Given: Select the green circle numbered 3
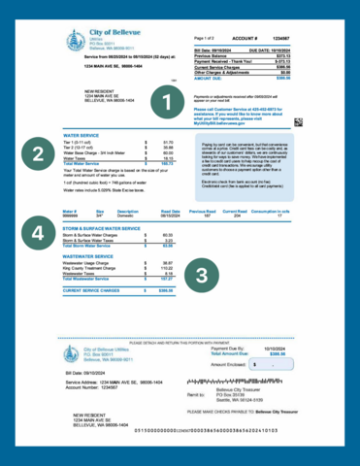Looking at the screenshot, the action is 202,275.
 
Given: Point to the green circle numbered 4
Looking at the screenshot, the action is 38,233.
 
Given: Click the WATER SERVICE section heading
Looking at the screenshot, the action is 81,134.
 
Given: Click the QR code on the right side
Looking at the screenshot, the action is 298,121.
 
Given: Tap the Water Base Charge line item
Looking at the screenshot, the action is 93,152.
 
